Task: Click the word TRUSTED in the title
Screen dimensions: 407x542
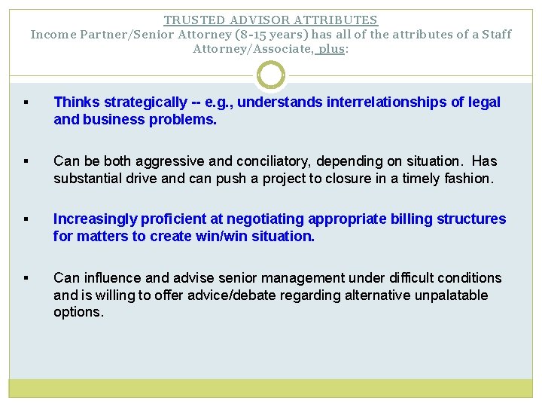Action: tap(190, 20)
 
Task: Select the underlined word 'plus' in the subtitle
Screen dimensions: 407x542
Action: tap(331, 49)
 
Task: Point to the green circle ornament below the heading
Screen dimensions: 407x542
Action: tap(271, 75)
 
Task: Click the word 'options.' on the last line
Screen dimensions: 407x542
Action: tap(78, 312)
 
